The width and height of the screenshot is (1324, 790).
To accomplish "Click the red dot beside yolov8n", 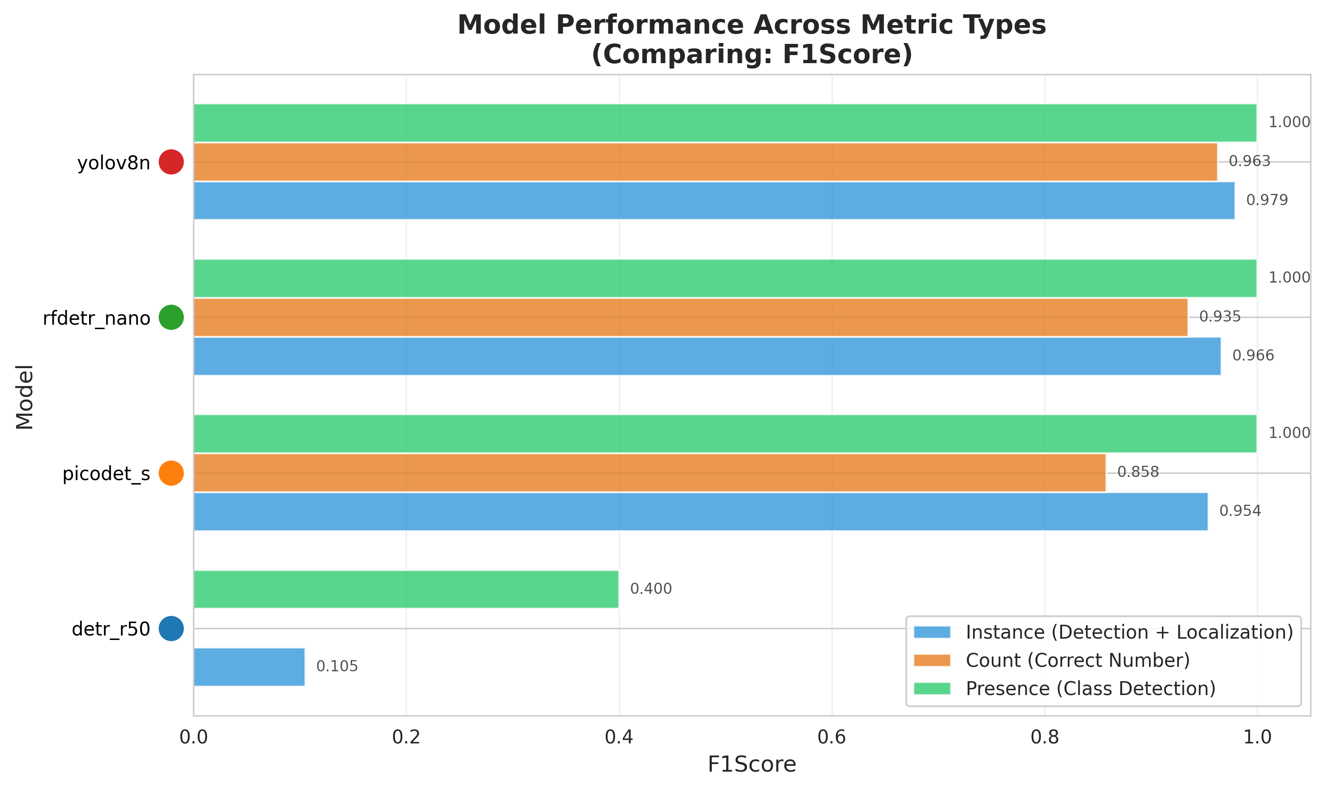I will (171, 162).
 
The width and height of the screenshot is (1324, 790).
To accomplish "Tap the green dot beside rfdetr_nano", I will (171, 317).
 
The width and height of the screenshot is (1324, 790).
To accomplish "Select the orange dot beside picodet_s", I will (171, 473).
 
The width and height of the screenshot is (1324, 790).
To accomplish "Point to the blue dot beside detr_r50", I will (171, 629).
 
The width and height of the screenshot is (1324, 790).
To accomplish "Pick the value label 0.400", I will (651, 589).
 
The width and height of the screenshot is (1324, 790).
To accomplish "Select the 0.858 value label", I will (1138, 472).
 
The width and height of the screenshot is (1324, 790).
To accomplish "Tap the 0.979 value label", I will (1267, 200).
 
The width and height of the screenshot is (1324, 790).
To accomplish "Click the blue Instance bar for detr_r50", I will (249, 667).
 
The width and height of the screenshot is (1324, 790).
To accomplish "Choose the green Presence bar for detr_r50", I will (406, 589).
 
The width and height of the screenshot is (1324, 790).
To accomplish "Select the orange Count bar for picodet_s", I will (649, 473).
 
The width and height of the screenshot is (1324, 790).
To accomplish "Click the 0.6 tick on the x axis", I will (832, 737).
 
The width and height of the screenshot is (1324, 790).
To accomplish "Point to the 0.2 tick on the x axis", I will (406, 737).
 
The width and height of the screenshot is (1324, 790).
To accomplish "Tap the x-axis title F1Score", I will (751, 764).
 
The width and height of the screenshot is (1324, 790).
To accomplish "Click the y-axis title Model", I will (25, 397).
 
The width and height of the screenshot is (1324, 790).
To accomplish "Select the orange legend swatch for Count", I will (932, 660).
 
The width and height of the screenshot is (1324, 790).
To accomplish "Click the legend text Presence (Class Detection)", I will (1090, 688).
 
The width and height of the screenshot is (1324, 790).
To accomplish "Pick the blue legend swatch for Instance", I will (932, 632).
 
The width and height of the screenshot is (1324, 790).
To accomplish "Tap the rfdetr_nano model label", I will (96, 318).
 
